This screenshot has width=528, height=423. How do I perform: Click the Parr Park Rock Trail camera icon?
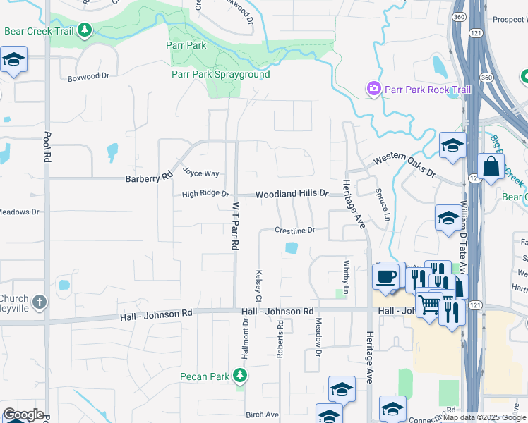pyautogui.click(x=373, y=89)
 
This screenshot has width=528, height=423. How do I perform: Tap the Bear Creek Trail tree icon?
pyautogui.click(x=85, y=30)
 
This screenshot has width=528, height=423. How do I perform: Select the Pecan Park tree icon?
pyautogui.click(x=240, y=376)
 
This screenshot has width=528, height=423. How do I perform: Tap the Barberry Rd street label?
pyautogui.click(x=149, y=179)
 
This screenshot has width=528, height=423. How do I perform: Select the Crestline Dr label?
pyautogui.click(x=294, y=231)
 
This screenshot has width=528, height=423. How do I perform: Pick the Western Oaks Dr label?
pyautogui.click(x=404, y=166)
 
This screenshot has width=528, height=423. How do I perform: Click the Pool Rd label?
pyautogui.click(x=47, y=145)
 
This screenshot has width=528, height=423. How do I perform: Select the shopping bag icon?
pyautogui.click(x=490, y=168)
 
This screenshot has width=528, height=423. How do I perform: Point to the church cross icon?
pyautogui.click(x=40, y=302)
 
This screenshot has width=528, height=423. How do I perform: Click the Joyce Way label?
pyautogui.click(x=200, y=172)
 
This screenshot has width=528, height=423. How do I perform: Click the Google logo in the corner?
pyautogui.click(x=23, y=415)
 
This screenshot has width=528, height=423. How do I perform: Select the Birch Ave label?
pyautogui.click(x=262, y=415)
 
